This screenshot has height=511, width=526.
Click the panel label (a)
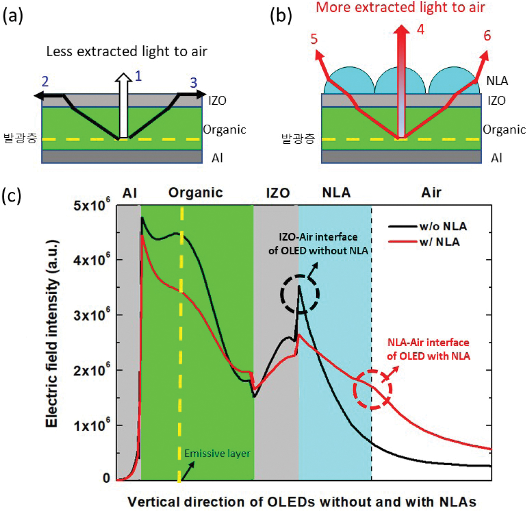tap(13, 16)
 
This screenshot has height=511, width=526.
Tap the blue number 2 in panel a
tap(45, 81)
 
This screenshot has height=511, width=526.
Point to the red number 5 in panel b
tap(314, 39)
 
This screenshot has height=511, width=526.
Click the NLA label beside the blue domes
tap(497, 80)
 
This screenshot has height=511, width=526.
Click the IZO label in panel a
tap(217, 100)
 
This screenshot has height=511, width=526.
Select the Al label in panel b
tap(497, 158)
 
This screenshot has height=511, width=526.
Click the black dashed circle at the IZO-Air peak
tap(300, 294)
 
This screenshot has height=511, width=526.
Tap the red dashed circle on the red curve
tap(372, 389)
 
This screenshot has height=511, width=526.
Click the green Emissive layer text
tap(217, 453)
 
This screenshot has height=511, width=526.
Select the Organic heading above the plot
tap(196, 193)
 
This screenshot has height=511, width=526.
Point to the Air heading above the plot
tap(431, 193)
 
